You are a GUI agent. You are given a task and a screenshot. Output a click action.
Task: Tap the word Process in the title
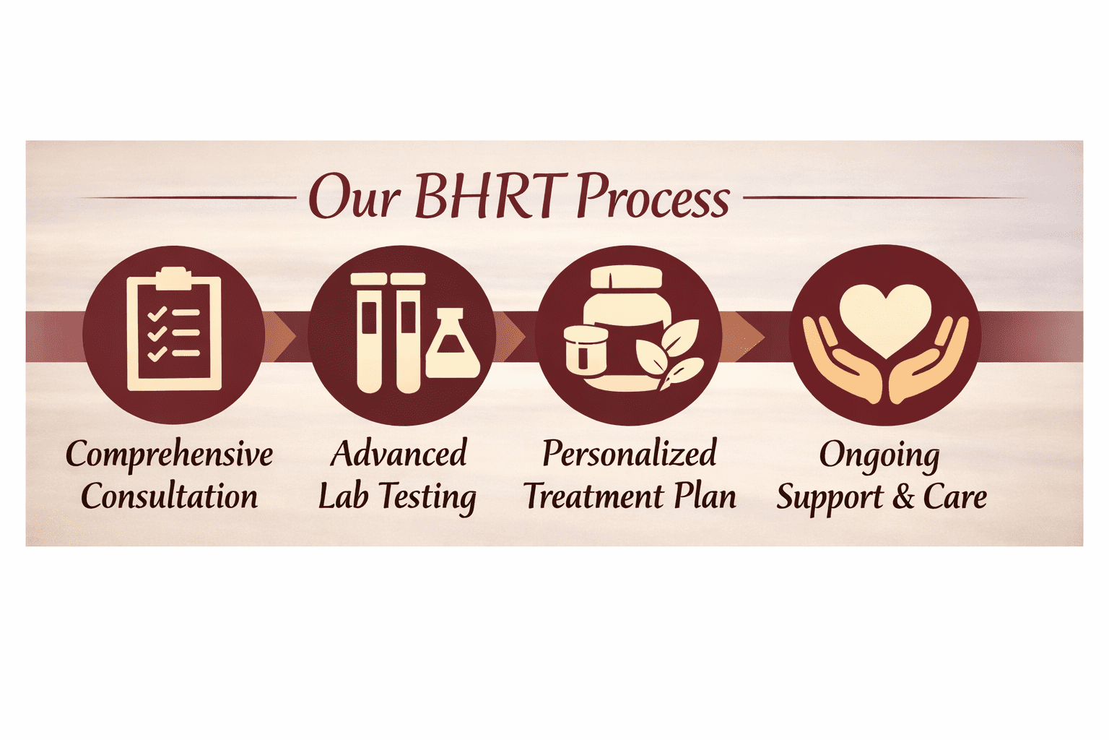tap(653, 197)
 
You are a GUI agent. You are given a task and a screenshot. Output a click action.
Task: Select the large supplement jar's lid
tap(626, 277)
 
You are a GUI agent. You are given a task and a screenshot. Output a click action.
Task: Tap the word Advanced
tap(399, 454)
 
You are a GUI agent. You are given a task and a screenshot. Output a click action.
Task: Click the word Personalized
tap(629, 454)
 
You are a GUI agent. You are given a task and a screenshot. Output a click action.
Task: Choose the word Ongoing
tap(879, 456)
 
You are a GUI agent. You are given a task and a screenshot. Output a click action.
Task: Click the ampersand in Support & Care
tap(903, 497)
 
